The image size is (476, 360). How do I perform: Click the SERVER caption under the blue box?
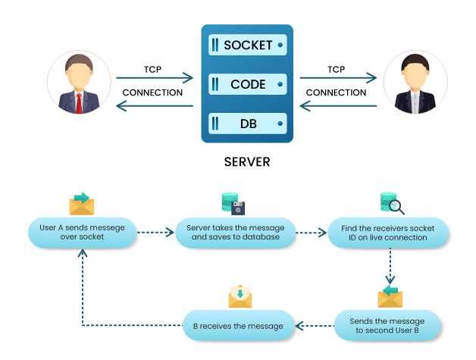(246, 162)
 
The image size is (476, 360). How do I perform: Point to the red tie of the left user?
(79, 102)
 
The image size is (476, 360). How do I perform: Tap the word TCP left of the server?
(152, 69)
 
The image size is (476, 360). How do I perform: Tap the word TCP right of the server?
(337, 69)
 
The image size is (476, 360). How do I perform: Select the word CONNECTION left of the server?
(152, 93)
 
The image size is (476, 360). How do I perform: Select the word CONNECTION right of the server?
(337, 93)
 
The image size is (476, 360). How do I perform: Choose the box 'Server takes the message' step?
(235, 233)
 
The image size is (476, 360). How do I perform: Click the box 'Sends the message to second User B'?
(387, 325)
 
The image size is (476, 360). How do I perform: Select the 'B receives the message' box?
(237, 326)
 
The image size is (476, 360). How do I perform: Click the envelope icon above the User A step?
(81, 203)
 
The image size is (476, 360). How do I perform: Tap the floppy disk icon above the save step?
(237, 207)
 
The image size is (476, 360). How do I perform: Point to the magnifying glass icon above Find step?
(397, 207)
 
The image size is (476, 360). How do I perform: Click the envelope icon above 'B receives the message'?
(240, 296)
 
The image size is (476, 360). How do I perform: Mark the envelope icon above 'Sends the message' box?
(390, 296)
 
